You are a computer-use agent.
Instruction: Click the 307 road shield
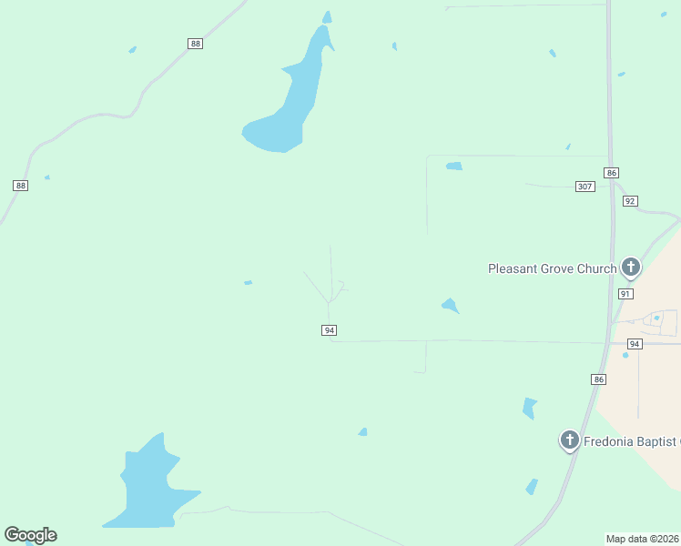[584, 187]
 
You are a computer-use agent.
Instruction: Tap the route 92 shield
[630, 201]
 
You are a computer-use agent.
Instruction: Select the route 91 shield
[625, 294]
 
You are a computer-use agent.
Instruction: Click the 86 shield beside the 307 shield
[611, 172]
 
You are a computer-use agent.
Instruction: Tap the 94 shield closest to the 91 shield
[635, 343]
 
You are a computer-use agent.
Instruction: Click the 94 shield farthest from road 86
[329, 330]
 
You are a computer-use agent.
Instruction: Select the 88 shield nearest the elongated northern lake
[195, 44]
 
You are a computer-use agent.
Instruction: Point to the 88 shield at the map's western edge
[21, 185]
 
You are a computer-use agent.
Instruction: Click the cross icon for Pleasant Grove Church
[630, 267]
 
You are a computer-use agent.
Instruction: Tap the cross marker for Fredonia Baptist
[570, 440]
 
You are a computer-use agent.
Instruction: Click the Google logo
[30, 535]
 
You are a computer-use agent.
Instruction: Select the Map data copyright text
[642, 539]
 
